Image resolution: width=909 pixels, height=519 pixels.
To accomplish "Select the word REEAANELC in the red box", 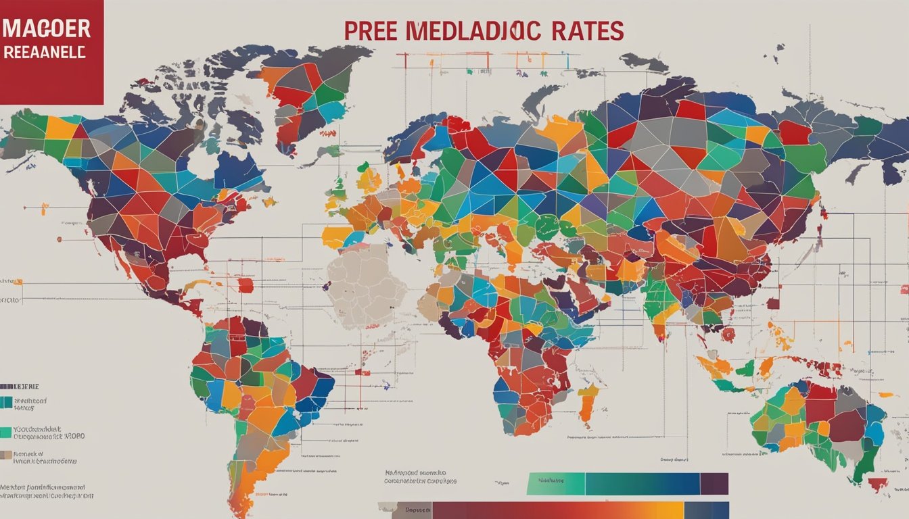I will click(x=45, y=53).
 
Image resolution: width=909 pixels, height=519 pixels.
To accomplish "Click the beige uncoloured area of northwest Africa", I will click(x=365, y=284).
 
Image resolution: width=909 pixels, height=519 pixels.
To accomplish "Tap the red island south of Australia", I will click(x=878, y=484).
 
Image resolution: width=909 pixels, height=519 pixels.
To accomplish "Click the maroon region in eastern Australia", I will click(x=848, y=426).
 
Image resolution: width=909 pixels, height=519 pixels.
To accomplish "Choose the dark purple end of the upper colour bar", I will click(x=714, y=484).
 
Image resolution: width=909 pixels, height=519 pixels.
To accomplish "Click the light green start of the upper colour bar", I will click(x=555, y=484).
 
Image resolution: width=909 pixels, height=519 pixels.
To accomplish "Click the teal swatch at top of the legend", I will click(x=6, y=403).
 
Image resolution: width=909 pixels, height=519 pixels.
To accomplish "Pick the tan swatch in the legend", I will click(x=6, y=455).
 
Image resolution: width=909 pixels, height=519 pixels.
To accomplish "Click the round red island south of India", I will click(x=728, y=335).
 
